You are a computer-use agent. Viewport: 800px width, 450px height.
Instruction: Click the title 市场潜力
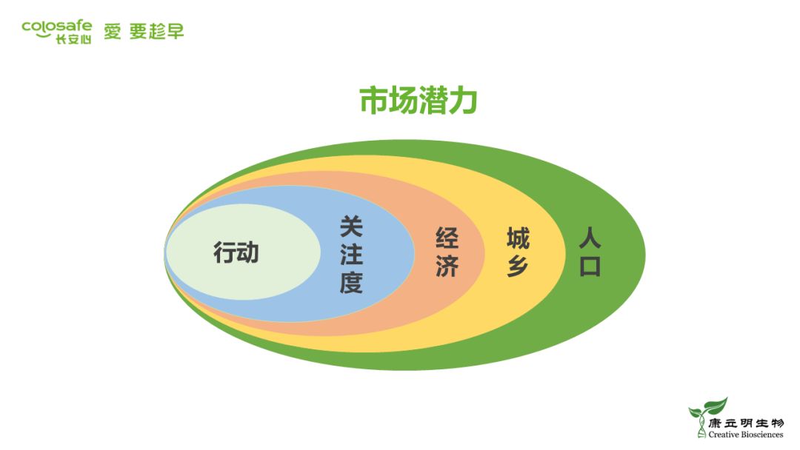[x=418, y=101]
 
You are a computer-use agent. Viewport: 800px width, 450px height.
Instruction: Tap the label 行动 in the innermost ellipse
[x=236, y=253]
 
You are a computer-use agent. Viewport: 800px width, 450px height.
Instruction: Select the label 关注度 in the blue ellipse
[x=351, y=254]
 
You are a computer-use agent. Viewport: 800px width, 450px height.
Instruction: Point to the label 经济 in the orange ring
[x=447, y=252]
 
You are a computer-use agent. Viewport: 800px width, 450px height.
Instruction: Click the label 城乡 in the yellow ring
[x=518, y=252]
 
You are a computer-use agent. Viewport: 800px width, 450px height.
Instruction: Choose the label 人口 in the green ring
[x=590, y=252]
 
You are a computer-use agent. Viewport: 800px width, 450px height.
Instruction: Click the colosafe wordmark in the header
[x=57, y=26]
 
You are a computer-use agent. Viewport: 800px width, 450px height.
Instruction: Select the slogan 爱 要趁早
[x=144, y=31]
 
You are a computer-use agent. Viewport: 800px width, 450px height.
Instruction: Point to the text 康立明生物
[x=745, y=423]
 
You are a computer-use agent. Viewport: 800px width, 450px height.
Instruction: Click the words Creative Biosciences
[x=745, y=435]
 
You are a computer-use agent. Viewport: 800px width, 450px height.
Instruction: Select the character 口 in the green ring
[x=590, y=266]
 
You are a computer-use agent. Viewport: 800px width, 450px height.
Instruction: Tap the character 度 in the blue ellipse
[x=351, y=282]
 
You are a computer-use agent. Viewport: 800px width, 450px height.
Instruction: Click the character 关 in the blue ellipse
[x=351, y=226]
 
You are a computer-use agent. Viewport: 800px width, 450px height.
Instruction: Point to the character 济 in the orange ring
[x=447, y=266]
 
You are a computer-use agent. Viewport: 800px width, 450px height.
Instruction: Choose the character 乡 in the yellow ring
[x=518, y=266]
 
